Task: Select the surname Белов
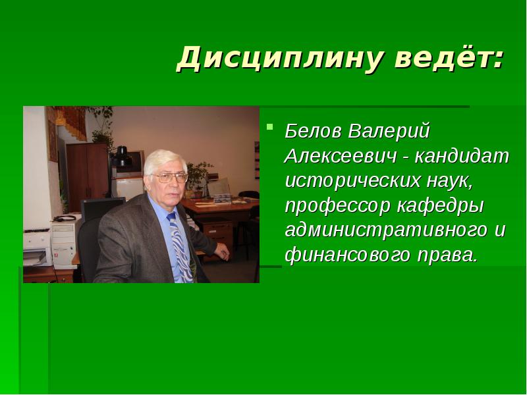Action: click(x=313, y=131)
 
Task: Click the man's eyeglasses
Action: click(x=169, y=177)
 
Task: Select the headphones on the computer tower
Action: click(x=66, y=218)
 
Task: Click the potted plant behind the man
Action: click(x=198, y=174)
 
